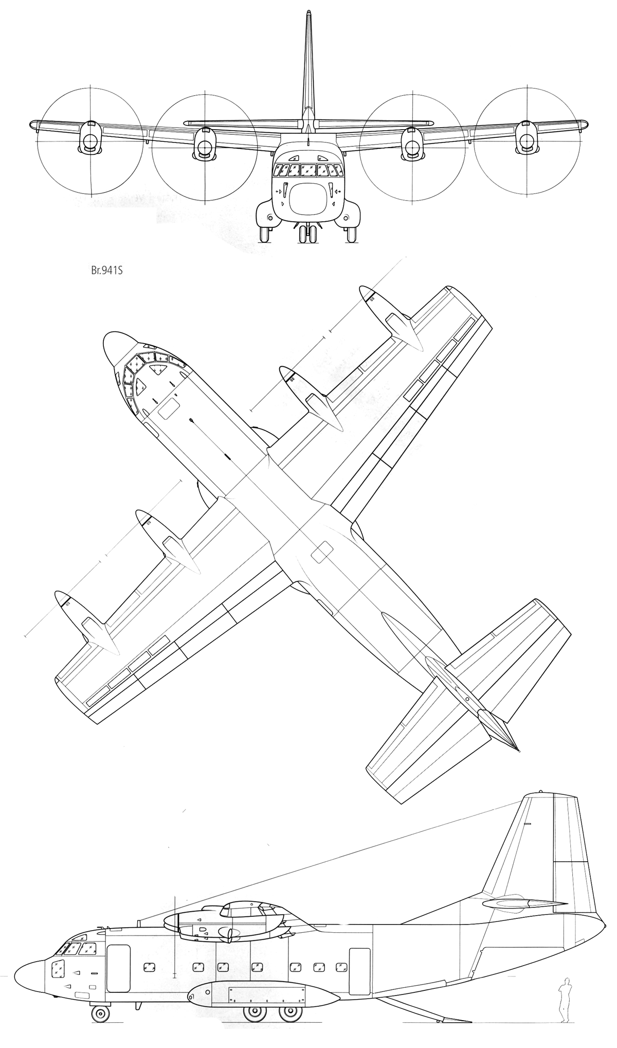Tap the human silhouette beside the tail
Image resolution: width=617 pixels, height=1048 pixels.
565,994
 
